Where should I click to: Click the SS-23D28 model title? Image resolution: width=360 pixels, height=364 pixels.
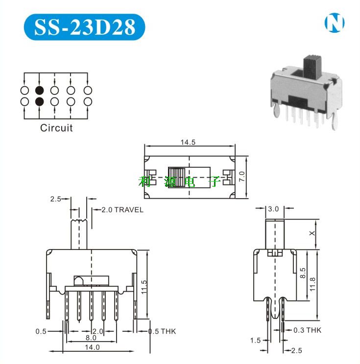pyautogui.click(x=85, y=27)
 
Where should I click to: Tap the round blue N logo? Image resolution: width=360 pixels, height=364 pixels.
pyautogui.click(x=335, y=23)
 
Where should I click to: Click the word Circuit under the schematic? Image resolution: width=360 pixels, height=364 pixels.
pyautogui.click(x=56, y=128)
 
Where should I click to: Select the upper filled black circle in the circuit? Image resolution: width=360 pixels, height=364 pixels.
pyautogui.click(x=39, y=91)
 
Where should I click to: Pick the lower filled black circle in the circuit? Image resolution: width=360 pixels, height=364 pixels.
pyautogui.click(x=39, y=101)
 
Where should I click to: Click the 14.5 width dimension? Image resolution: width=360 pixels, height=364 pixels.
pyautogui.click(x=188, y=142)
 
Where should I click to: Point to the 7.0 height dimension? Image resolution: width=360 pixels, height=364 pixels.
pyautogui.click(x=242, y=177)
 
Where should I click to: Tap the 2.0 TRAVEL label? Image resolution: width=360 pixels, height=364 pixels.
pyautogui.click(x=122, y=210)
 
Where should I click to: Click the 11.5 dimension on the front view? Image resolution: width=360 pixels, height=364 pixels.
pyautogui.click(x=144, y=287)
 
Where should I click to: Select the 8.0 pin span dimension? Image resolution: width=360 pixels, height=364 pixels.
pyautogui.click(x=91, y=338)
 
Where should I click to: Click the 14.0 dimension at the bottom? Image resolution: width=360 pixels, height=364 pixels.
pyautogui.click(x=92, y=347)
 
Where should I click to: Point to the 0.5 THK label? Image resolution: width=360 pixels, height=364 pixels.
pyautogui.click(x=162, y=331)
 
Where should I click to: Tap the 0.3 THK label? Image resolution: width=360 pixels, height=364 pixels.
pyautogui.click(x=307, y=330)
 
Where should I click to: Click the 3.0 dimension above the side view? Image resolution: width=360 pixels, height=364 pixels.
pyautogui.click(x=273, y=209)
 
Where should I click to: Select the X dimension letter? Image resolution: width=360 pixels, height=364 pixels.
pyautogui.click(x=312, y=233)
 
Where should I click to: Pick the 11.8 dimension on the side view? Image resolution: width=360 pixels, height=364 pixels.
pyautogui.click(x=312, y=284)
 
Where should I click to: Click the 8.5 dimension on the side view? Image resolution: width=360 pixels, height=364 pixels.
pyautogui.click(x=303, y=273)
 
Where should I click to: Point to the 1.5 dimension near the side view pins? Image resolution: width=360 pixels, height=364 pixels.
pyautogui.click(x=255, y=341)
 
